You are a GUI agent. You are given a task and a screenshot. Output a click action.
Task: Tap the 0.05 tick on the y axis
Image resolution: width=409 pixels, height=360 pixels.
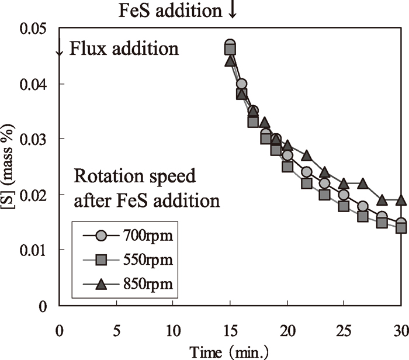click(34, 29)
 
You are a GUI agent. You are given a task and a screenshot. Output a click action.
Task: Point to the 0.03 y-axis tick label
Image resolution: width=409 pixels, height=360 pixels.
click(34, 139)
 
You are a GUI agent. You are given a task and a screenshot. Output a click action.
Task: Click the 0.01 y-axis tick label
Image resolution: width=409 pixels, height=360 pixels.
click(34, 250)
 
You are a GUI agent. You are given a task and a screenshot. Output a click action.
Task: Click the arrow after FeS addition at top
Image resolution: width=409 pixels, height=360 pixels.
click(232, 11)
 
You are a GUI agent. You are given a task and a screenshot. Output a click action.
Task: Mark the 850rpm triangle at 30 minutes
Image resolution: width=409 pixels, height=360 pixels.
click(401, 200)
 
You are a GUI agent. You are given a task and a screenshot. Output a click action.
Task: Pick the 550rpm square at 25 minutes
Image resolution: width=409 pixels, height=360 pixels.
click(344, 206)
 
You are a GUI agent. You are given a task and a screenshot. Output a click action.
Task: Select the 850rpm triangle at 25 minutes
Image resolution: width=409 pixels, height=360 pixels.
click(344, 184)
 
